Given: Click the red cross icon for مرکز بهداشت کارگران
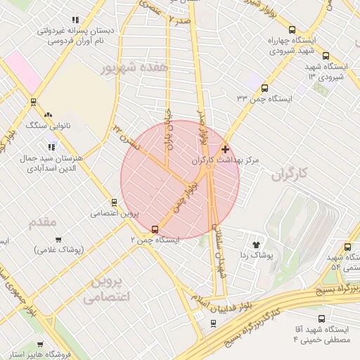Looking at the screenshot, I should [225, 149].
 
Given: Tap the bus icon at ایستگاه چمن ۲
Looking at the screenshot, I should [155, 229].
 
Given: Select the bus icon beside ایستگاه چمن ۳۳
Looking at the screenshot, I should [264, 89].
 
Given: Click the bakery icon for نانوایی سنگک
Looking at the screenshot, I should [48, 115].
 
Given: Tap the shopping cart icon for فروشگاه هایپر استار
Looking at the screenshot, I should [40, 345].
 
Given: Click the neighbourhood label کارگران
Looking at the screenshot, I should [290, 172].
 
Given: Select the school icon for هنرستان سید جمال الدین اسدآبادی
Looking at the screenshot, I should [51, 147].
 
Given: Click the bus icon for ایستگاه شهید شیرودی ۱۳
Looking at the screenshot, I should [325, 56].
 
